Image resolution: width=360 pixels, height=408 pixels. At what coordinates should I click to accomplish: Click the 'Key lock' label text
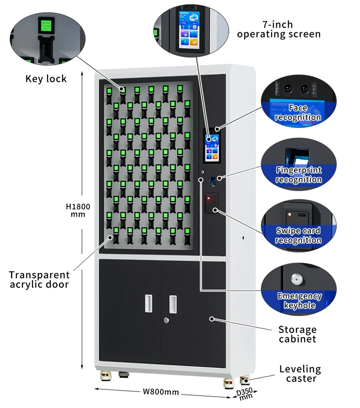point(46,79)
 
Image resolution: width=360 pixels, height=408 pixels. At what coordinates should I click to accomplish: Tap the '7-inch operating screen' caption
point(279,29)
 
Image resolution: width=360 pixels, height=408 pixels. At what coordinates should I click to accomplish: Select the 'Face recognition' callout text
point(298,113)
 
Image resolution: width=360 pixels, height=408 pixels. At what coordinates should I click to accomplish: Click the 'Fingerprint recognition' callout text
point(299,175)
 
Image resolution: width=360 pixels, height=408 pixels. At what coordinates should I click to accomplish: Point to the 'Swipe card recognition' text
point(299,235)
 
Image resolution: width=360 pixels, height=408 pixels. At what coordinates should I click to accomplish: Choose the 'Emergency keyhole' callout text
point(299,300)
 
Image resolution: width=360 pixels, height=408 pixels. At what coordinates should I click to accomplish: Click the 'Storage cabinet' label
point(297,334)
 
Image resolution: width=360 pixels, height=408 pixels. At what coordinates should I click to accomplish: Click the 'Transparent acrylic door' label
point(39,280)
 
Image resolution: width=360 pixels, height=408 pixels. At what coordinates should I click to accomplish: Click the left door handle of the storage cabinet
point(148,303)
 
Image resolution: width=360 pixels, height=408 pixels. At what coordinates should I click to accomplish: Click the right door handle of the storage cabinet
point(173,304)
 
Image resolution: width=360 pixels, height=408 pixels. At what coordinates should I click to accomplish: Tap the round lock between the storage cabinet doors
point(166,320)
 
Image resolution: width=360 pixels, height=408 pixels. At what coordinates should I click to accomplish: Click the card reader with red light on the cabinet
point(211,203)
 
